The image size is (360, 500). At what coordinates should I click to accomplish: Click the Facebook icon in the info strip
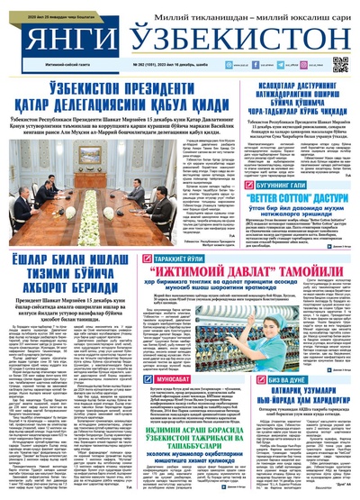click(264, 65)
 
